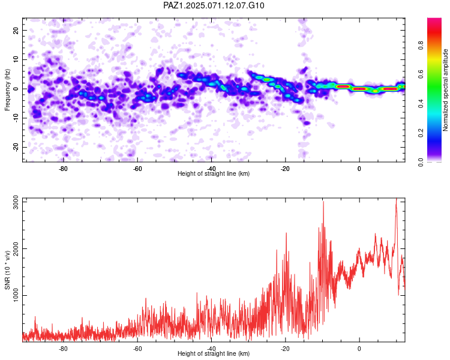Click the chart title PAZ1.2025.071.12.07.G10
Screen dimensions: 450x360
click(214, 5)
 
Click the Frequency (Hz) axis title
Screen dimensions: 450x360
click(7, 90)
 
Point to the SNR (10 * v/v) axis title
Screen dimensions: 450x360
click(7, 270)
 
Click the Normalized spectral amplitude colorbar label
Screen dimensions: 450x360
click(445, 90)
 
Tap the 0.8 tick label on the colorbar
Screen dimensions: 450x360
click(421, 46)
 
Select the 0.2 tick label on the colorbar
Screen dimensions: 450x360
click(421, 133)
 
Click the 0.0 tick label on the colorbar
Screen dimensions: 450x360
click(421, 162)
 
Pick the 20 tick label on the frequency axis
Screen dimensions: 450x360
click(16, 31)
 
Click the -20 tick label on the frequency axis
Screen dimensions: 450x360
click(16, 147)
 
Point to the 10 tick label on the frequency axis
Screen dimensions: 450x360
click(16, 60)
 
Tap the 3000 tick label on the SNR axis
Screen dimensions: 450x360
click(16, 202)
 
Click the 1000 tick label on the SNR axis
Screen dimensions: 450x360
click(16, 295)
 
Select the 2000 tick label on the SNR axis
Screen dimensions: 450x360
click(16, 248)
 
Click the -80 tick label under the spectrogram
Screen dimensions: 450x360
click(63, 169)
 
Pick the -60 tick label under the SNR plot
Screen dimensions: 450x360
click(137, 349)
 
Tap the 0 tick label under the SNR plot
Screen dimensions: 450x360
click(359, 349)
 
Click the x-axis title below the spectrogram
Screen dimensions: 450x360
click(214, 173)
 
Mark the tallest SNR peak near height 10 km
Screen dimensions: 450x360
click(397, 199)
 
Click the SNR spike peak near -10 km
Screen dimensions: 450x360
click(323, 202)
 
